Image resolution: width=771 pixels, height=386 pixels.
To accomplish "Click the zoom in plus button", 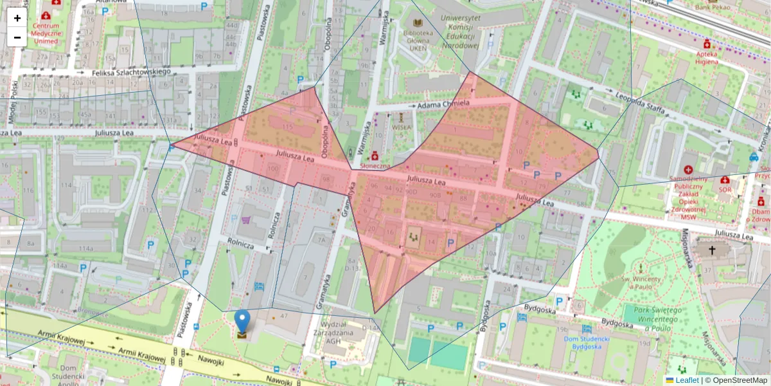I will click(x=17, y=18).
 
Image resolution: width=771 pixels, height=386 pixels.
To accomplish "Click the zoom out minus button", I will click(x=17, y=37).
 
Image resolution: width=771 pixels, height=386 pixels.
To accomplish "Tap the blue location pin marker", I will click(x=242, y=322).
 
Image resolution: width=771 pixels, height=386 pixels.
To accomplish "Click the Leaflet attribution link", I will click(x=687, y=380).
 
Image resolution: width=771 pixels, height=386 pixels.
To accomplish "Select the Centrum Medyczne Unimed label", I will click(x=46, y=33).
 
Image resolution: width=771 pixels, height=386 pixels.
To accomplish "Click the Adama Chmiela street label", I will click(x=443, y=104).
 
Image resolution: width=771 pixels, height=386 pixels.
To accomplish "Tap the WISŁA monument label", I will click(x=401, y=127).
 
